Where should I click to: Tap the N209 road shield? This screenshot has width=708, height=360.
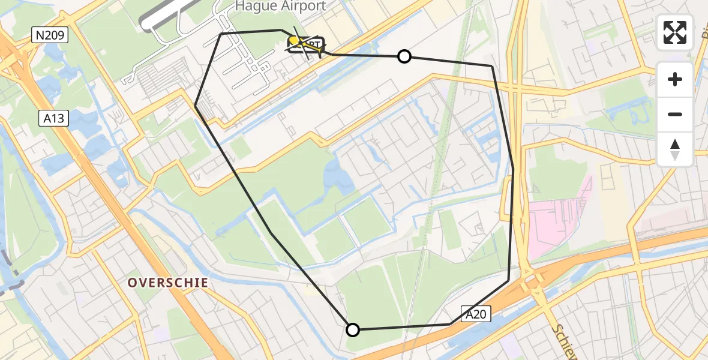point(50,36)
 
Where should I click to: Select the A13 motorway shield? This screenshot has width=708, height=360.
point(55,119)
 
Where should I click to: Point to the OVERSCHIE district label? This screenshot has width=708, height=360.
point(168,283)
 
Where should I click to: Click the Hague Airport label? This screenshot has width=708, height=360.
point(280,7)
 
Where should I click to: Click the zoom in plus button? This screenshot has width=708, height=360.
point(675,79)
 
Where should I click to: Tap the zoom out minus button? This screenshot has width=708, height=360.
point(675,114)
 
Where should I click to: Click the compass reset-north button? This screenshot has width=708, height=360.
point(675,149)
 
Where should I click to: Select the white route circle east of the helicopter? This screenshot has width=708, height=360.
point(404,56)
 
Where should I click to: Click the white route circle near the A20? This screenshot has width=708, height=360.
point(353,329)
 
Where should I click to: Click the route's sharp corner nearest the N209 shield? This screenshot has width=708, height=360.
point(221,34)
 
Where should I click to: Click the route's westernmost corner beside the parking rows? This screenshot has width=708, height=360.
point(196,106)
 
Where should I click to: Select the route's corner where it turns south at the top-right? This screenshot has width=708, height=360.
point(492,66)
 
